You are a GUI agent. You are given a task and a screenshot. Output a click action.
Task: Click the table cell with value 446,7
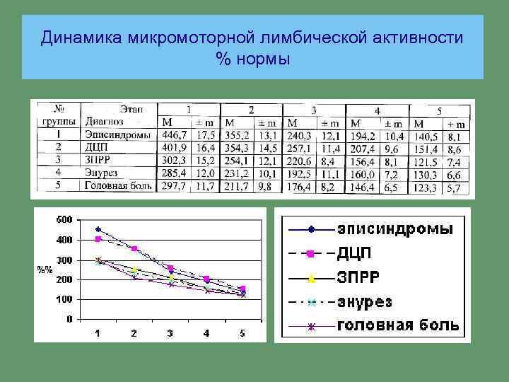[175, 134]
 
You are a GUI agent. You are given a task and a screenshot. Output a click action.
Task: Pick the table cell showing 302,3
[175, 160]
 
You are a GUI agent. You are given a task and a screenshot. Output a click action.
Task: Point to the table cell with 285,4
[175, 173]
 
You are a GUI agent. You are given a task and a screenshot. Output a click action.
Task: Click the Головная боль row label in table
[117, 186]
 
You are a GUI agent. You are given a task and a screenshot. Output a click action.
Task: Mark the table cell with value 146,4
[363, 187]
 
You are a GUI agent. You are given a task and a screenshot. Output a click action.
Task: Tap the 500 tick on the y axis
[64, 220]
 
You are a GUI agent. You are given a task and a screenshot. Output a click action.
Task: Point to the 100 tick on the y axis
[64, 300]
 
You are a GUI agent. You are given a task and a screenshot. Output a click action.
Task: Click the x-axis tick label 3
[170, 333]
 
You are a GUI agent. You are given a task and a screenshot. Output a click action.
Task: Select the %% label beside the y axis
[45, 270]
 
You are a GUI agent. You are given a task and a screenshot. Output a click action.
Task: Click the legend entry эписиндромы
[396, 229]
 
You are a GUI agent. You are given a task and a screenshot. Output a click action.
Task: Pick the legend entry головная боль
[398, 326]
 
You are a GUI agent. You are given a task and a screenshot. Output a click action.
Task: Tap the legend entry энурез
[375, 302]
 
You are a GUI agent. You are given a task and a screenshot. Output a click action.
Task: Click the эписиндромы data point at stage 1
[98, 229]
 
